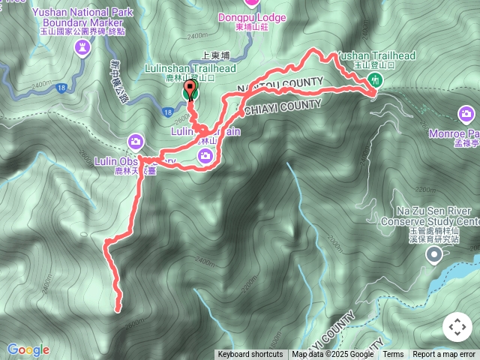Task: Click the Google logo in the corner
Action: tap(28, 349)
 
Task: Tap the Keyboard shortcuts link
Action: tap(250, 355)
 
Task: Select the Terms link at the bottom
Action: tap(393, 355)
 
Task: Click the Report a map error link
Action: tap(444, 355)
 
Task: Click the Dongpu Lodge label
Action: tap(252, 16)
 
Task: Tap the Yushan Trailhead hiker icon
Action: tap(376, 80)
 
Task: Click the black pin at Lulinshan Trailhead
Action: tap(190, 89)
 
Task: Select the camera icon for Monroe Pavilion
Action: tap(466, 114)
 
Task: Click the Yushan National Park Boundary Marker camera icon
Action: tap(82, 49)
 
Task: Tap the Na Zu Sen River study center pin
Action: tap(434, 256)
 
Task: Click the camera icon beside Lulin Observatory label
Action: tap(136, 141)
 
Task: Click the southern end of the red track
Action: tap(118, 308)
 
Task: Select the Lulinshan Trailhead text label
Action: tap(190, 68)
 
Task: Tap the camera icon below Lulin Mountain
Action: tap(205, 155)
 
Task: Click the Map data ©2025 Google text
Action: tap(333, 355)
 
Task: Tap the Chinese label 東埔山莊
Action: tap(252, 28)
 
